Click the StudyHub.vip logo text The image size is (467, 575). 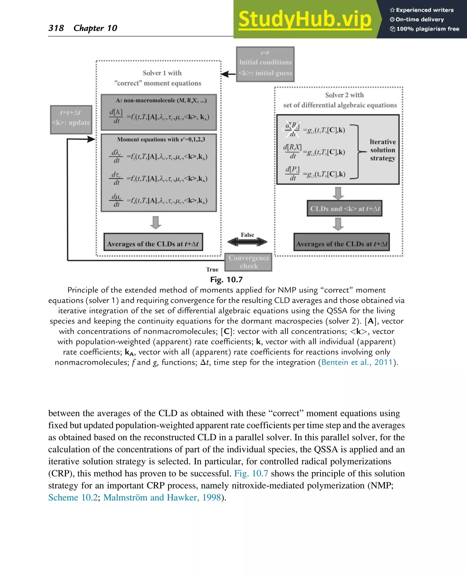pyautogui.click(x=305, y=19)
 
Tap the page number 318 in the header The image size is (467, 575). pyautogui.click(x=56, y=28)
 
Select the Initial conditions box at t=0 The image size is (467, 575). pyautogui.click(x=265, y=64)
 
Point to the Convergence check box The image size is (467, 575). pyautogui.click(x=249, y=262)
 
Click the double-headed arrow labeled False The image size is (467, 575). pyautogui.click(x=247, y=242)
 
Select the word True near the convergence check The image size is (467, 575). pyautogui.click(x=212, y=269)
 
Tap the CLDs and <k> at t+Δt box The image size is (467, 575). pyautogui.click(x=344, y=209)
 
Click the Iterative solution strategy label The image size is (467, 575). pyautogui.click(x=383, y=150)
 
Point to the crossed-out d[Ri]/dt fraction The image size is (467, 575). pyautogui.click(x=292, y=130)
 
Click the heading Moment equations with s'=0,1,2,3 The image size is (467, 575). pyautogui.click(x=161, y=139)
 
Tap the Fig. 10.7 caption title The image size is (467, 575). pyautogui.click(x=226, y=280)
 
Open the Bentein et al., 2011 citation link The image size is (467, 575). pyautogui.click(x=357, y=362)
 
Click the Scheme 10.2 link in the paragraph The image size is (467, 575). pyautogui.click(x=73, y=497)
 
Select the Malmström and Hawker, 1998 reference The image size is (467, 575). pyautogui.click(x=162, y=497)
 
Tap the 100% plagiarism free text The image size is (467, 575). pyautogui.click(x=428, y=29)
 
